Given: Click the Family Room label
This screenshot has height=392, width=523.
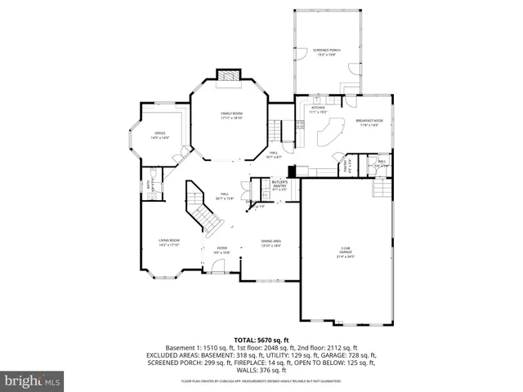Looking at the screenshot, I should point(231,117).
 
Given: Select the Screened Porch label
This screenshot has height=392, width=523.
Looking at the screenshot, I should point(327,52).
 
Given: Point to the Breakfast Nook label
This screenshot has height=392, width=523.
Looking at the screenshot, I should point(369,122).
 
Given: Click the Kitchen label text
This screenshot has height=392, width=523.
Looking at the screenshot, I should point(319,109).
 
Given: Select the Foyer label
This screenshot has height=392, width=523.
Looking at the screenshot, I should point(221,249).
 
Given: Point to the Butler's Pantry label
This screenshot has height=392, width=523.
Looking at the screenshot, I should point(280,187).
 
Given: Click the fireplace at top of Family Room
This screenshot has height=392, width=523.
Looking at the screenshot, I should point(229,76).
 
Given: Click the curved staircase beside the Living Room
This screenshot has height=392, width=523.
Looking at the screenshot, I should point(203,208).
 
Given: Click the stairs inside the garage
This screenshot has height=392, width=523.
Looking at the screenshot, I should point(382,189).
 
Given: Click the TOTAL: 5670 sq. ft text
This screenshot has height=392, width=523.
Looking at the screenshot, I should point(261,339).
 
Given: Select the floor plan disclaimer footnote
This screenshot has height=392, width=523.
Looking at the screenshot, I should point(261,381).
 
